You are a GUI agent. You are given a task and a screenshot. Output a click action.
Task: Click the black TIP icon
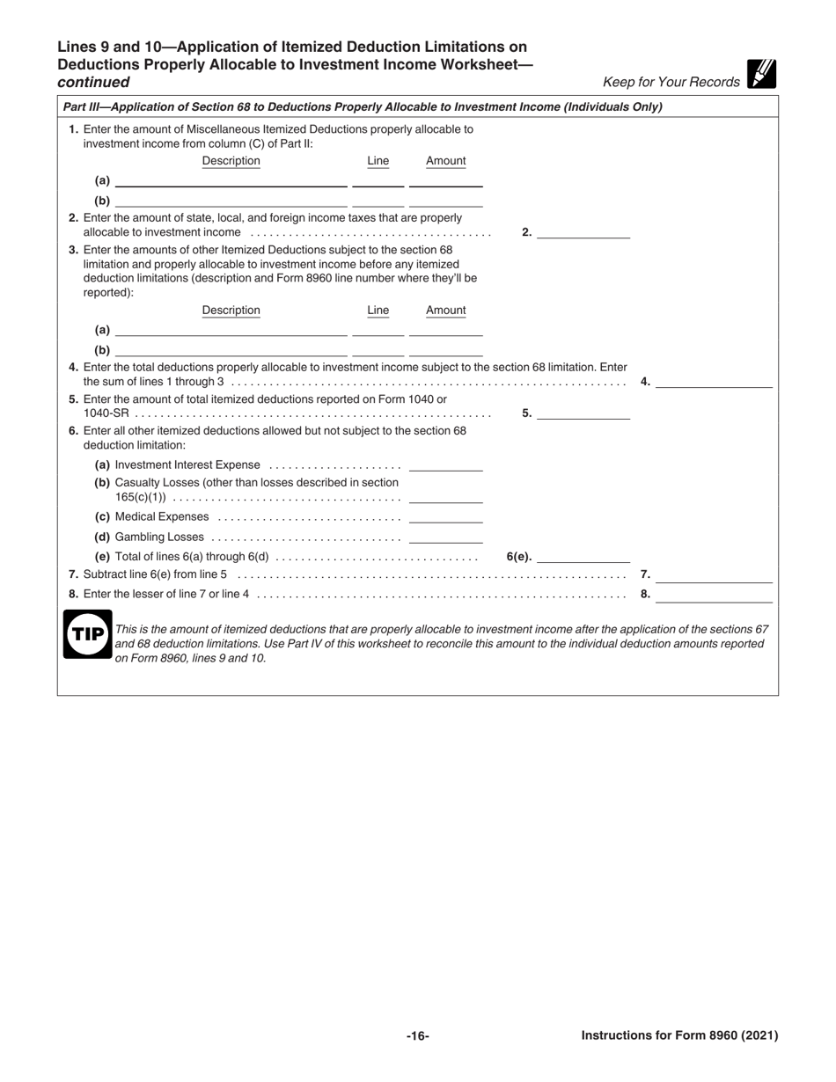87,633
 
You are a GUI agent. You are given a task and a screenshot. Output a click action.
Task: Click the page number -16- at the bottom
417,1036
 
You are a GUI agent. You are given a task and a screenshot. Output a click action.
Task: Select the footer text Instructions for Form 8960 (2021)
679,1036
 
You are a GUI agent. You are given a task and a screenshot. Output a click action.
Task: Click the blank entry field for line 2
583,232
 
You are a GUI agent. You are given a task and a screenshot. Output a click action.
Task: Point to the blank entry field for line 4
714,382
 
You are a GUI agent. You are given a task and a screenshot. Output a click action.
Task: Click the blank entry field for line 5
583,413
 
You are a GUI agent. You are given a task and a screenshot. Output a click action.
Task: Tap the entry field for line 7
714,575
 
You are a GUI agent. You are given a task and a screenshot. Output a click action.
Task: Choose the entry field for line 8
714,595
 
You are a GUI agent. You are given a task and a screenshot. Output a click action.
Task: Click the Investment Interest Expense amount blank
446,465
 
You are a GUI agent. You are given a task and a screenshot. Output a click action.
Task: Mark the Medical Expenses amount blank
446,517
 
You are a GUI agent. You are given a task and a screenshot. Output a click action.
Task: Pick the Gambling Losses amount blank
446,537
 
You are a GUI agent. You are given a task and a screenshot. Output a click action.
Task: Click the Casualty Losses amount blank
446,497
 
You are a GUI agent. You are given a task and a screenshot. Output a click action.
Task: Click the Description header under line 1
231,161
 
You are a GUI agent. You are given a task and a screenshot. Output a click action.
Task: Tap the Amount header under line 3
446,311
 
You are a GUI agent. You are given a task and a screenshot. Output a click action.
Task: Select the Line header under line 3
378,311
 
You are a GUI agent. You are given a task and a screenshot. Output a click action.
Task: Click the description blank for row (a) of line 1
231,181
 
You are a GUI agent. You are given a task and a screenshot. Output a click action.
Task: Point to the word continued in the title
93,83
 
